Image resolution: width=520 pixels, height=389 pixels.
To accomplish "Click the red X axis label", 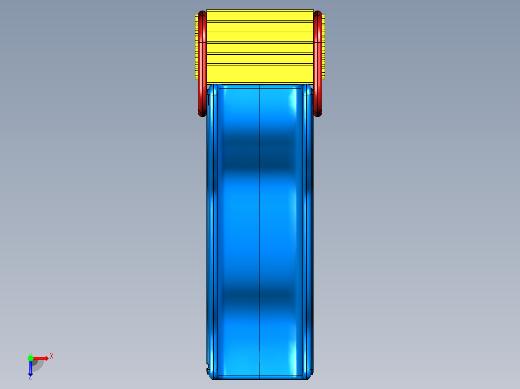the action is [x=52, y=356].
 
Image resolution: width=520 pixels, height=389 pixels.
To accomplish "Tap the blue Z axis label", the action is [x=30, y=377].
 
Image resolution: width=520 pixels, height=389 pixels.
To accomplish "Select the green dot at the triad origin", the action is [x=30, y=358].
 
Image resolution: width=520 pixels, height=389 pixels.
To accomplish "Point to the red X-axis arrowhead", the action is [x=46, y=358].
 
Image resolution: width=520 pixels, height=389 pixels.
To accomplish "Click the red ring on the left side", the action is [x=202, y=64].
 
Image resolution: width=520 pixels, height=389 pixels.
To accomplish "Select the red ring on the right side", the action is [x=318, y=64].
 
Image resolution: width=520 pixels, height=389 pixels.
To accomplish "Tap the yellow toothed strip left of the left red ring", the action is [x=196, y=47].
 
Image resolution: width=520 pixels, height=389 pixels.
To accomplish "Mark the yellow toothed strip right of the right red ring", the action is [x=324, y=47].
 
